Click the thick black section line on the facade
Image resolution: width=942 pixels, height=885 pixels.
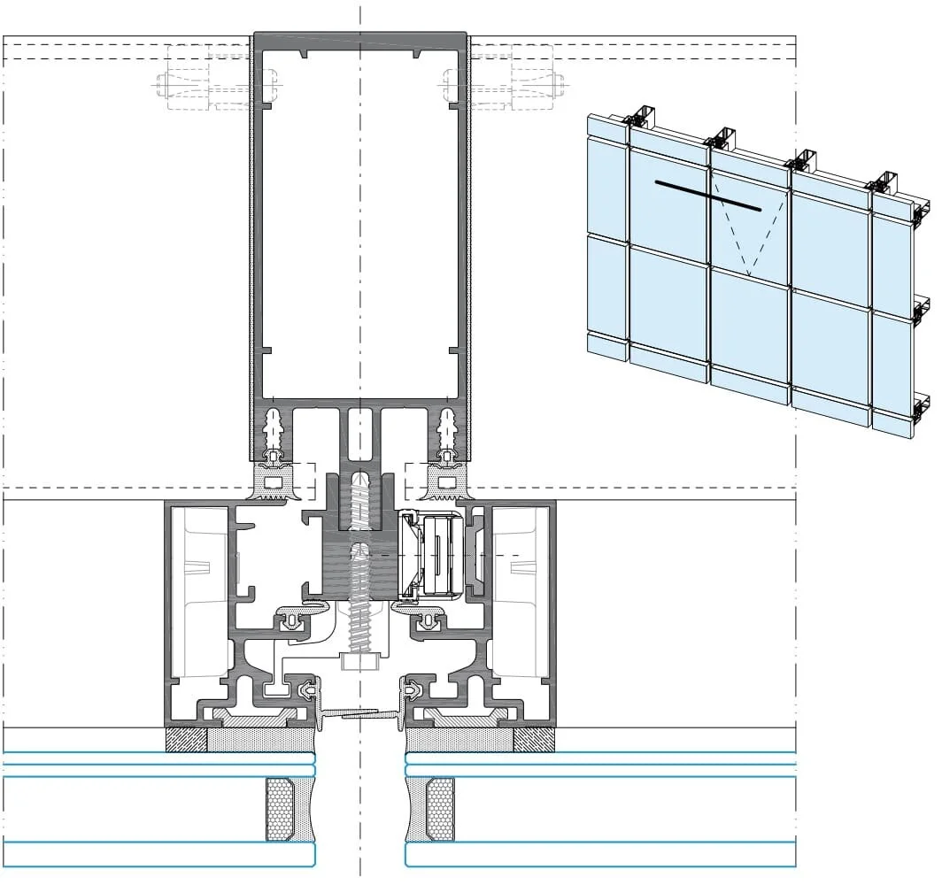[708, 196]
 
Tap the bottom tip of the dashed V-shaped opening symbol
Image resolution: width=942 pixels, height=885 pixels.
[748, 275]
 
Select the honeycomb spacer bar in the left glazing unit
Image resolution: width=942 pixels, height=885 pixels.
[281, 810]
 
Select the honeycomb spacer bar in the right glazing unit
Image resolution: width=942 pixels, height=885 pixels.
[440, 810]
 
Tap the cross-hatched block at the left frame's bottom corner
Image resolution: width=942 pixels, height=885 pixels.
[187, 739]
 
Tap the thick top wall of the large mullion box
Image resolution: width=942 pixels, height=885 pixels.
[360, 39]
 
